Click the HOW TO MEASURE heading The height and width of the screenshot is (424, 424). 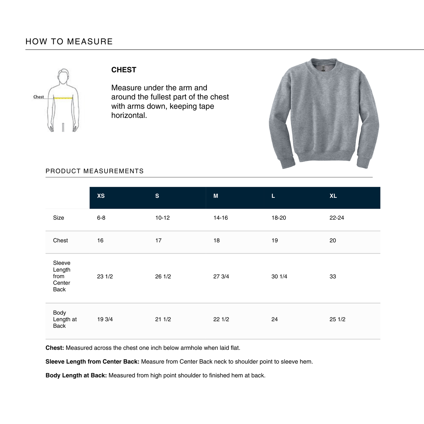pos(69,42)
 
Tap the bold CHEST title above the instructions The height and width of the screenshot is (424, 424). pos(124,70)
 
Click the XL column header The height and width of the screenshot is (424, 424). pos(333,196)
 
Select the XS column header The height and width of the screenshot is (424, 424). pos(101,196)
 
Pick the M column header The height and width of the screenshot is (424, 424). pos(216,196)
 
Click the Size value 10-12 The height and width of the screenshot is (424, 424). pos(162,218)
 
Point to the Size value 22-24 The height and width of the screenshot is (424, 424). pos(337,218)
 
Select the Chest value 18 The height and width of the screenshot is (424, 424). pos(216,241)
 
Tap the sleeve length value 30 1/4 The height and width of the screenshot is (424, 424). pos(279,276)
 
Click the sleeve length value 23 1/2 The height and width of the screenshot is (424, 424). pos(105,276)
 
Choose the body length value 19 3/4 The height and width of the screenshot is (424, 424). pos(105,319)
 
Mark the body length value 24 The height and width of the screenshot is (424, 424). pos(274,319)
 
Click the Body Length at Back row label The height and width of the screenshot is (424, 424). pos(65,319)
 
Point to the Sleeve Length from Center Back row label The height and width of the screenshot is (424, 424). pos(62,276)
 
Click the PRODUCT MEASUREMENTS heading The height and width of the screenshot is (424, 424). pos(94,171)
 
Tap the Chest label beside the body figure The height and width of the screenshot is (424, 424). pos(38,97)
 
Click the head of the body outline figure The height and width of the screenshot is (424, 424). pos(63,76)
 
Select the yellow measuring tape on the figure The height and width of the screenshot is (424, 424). pos(63,98)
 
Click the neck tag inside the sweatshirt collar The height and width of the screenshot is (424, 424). pos(323,69)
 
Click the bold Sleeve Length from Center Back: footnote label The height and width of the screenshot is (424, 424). pos(92,362)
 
